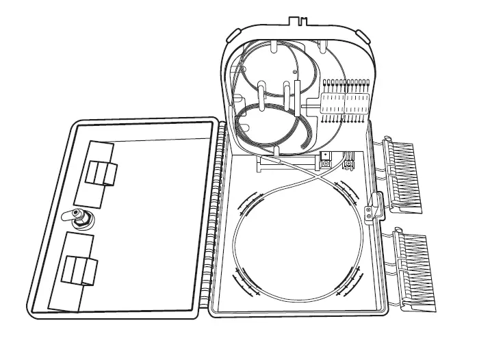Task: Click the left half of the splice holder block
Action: (331, 104)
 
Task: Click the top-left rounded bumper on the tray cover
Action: (233, 34)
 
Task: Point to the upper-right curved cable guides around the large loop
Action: (352, 192)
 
